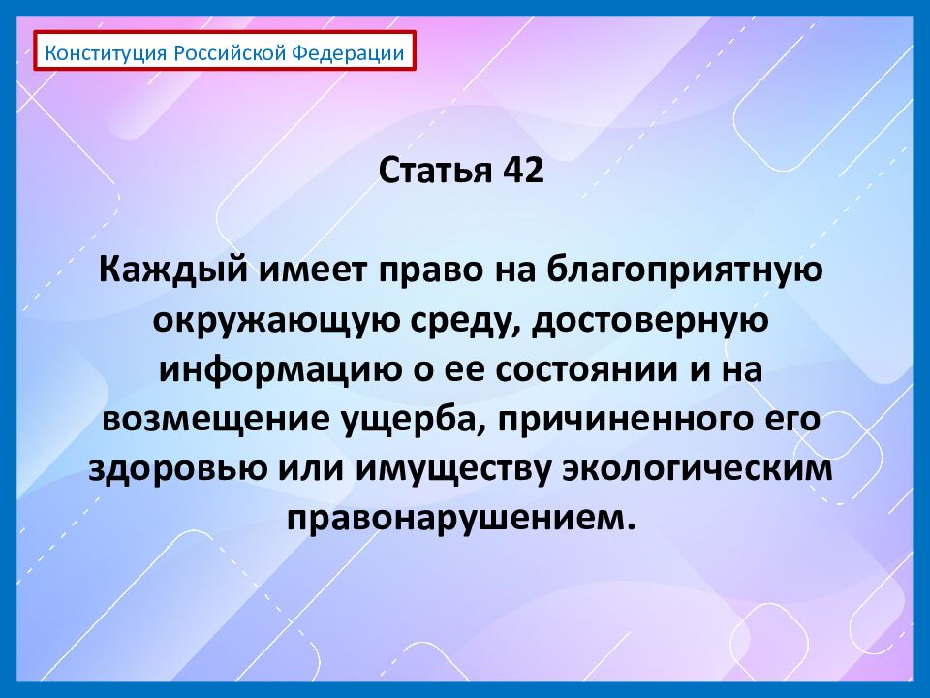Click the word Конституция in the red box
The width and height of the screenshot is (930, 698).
click(107, 52)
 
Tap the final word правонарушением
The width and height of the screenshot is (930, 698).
click(461, 518)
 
